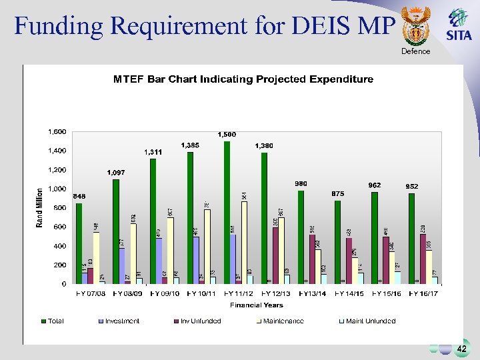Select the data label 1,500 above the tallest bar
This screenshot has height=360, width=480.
coord(227,135)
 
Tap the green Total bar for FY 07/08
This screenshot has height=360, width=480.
coord(79,243)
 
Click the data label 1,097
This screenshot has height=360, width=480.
coord(116,173)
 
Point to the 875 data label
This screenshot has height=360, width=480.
coord(338,193)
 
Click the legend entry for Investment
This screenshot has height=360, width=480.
coord(119,321)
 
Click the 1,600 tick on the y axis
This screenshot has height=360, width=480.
coord(57,132)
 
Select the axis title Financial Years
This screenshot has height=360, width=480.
coord(257,305)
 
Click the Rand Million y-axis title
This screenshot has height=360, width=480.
coord(40,206)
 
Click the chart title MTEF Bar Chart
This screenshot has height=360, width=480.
coord(243,79)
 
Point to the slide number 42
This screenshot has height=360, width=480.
coord(462,349)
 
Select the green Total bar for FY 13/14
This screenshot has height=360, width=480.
coord(301,237)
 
